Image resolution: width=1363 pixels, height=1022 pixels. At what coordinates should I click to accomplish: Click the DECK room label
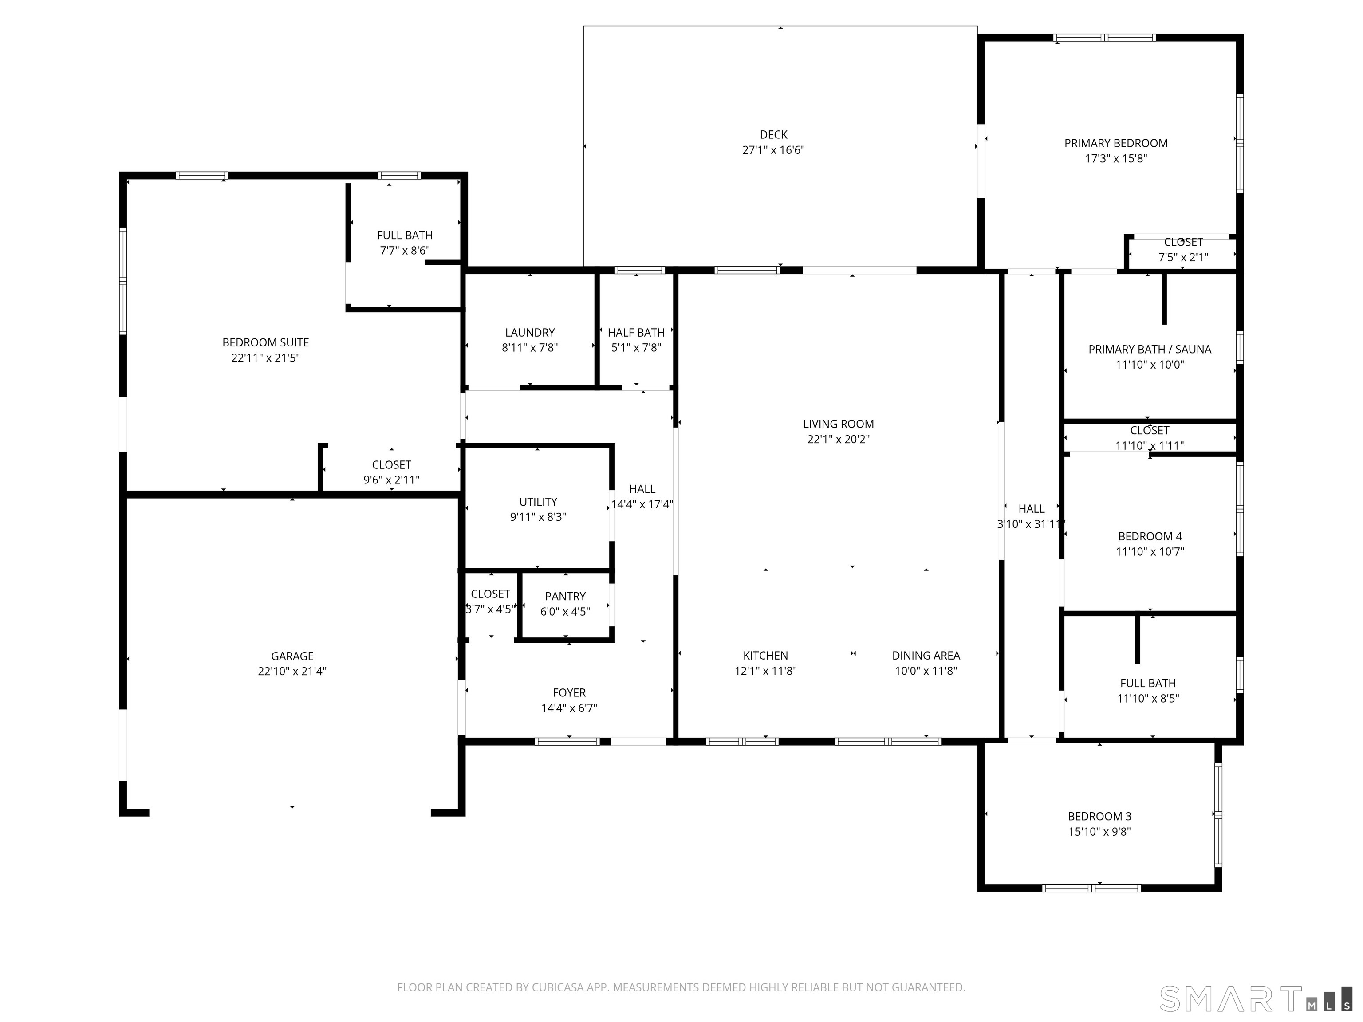773,135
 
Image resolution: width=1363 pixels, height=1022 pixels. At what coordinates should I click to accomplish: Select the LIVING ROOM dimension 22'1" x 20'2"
838,439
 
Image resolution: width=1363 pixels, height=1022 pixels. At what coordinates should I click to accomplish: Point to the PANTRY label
565,596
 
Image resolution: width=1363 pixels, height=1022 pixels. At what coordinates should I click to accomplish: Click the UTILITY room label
538,502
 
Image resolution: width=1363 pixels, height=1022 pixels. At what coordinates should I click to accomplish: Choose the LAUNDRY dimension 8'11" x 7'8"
529,347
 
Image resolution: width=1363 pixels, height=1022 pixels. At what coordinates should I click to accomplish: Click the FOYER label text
569,693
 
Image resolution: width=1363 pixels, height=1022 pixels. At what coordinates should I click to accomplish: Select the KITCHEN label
765,656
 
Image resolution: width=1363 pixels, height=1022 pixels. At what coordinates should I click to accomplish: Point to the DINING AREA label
926,656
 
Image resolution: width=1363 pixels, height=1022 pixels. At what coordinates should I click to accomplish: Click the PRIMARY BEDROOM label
1116,143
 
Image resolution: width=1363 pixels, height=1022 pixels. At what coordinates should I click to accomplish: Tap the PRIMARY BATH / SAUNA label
1150,349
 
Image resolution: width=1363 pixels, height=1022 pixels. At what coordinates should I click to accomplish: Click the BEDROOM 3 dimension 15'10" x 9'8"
1099,832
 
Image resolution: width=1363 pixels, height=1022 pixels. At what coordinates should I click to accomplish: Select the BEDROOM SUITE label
266,342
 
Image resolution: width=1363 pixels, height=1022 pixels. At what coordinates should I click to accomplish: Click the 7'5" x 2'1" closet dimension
1183,258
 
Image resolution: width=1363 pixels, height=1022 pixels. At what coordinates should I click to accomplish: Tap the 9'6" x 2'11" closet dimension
391,480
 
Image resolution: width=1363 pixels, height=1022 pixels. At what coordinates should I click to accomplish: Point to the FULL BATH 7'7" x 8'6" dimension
404,251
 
